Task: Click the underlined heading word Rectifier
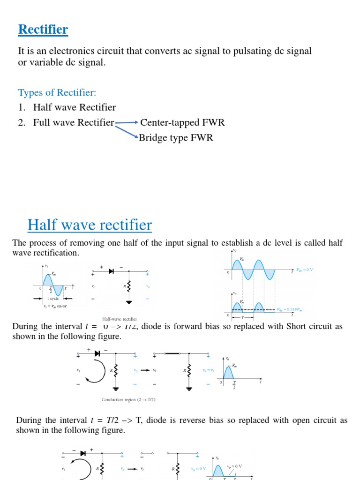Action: tap(43, 30)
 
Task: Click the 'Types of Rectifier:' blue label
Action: tap(57, 92)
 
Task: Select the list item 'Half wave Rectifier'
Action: tap(75, 107)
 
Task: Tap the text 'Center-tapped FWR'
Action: tap(182, 123)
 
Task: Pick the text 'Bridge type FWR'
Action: tap(176, 138)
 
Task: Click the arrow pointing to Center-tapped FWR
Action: tap(127, 123)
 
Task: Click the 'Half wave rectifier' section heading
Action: tap(90, 225)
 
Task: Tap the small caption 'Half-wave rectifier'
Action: tap(120, 318)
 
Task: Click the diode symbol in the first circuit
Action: tap(112, 271)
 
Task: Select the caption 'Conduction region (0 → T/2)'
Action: tap(129, 399)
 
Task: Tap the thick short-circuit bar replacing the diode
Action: tap(172, 354)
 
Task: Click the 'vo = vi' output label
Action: tap(208, 370)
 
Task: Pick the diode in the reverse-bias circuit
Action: tap(82, 453)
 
